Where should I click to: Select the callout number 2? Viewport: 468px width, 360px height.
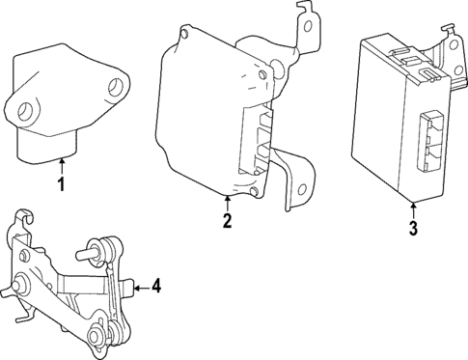(226, 222)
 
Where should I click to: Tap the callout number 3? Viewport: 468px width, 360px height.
(412, 229)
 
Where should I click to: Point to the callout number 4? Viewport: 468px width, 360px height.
(155, 286)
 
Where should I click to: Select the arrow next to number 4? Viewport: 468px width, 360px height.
(140, 286)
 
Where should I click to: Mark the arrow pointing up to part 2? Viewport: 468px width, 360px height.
(226, 203)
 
